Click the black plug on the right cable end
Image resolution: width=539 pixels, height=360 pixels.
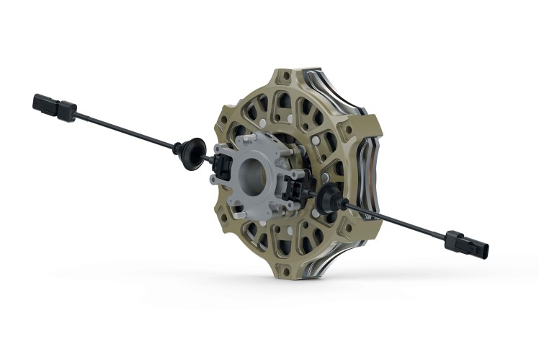tap(477, 246)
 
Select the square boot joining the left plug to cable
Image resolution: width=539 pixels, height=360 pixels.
tap(67, 112)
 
